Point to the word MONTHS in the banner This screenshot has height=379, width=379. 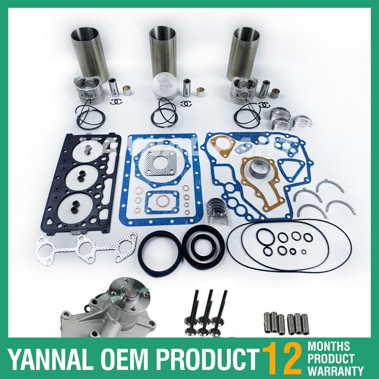pyautogui.click(x=329, y=346)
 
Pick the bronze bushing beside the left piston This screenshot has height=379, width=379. pyautogui.click(x=127, y=91)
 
